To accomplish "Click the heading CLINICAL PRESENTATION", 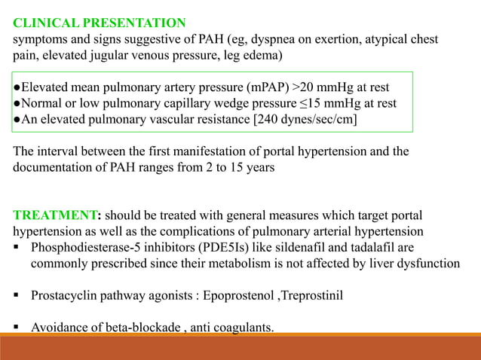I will [x=99, y=21].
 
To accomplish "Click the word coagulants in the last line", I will [x=246, y=328].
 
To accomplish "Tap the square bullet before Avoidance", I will [x=17, y=328].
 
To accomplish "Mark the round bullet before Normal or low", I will [x=17, y=102].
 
